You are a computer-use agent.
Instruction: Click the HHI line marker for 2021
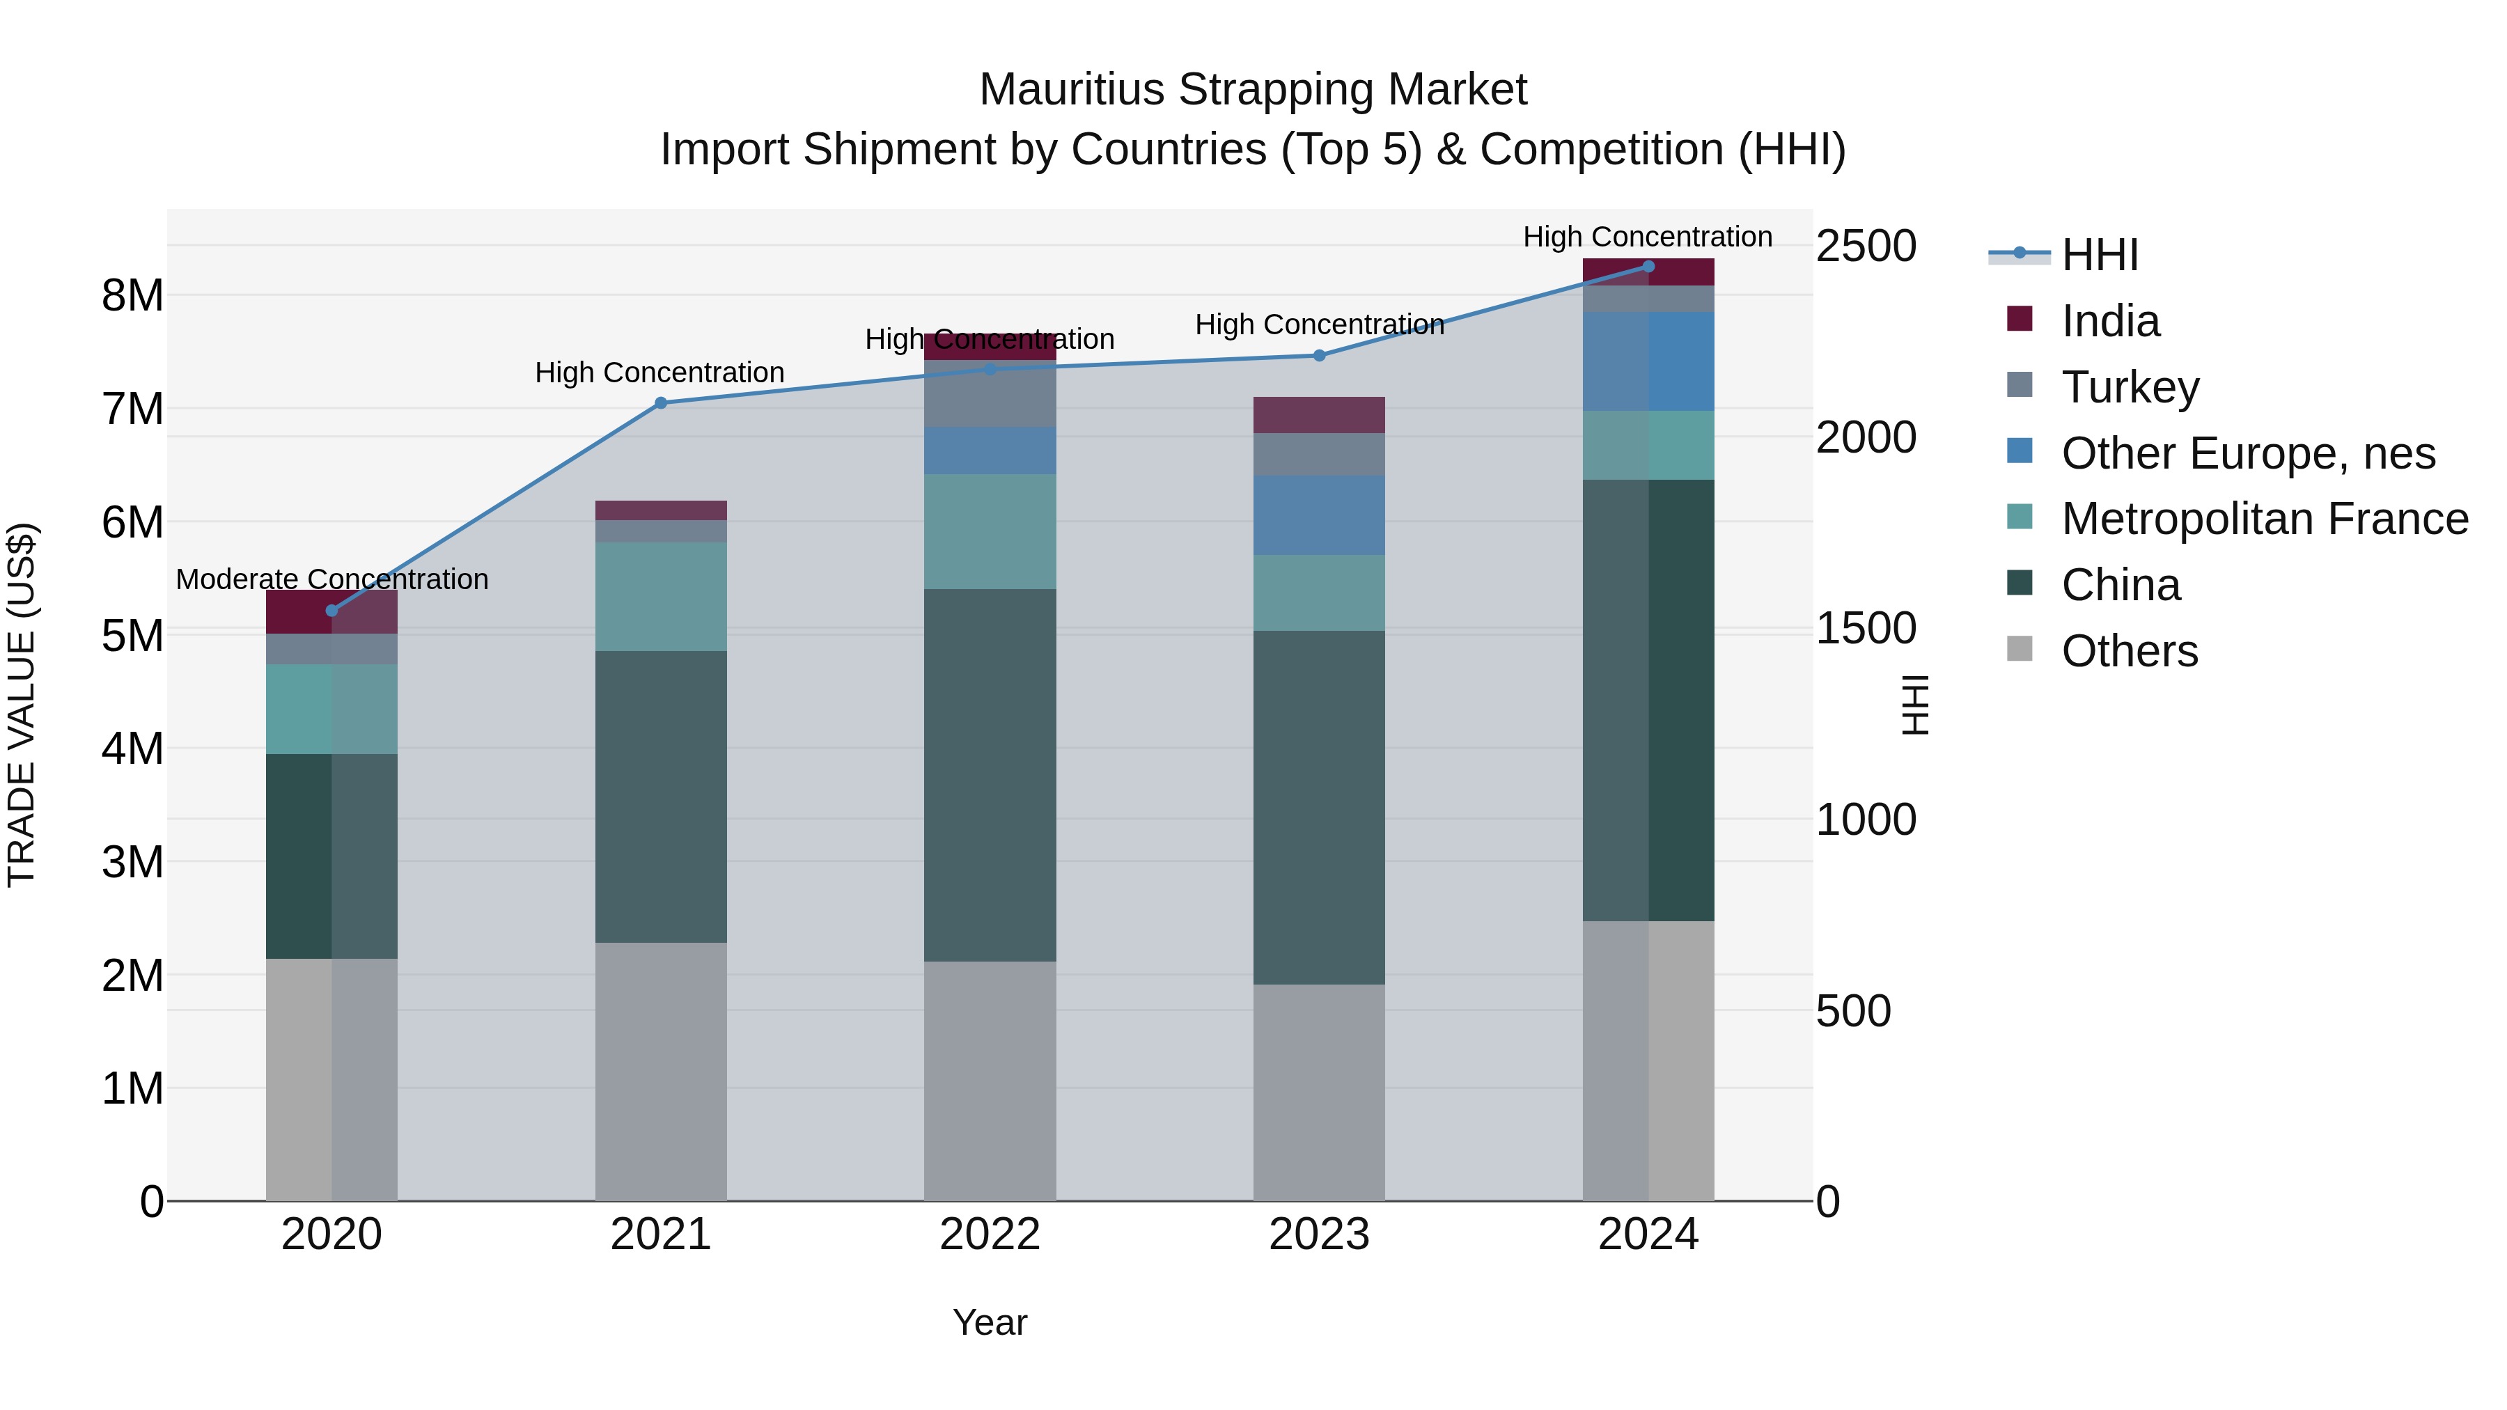[x=661, y=403]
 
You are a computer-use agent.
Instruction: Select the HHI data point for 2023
[x=1319, y=356]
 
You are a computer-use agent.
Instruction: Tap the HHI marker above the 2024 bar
[x=1648, y=267]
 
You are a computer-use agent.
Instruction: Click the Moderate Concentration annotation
[x=332, y=580]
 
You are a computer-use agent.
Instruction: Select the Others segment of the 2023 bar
[x=1319, y=1092]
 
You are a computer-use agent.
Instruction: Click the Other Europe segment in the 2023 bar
[x=1319, y=516]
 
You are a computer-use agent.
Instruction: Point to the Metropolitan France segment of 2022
[x=990, y=531]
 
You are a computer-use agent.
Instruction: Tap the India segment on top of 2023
[x=1319, y=414]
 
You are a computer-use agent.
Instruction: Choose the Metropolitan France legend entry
[x=2264, y=519]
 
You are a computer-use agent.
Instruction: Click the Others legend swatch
[x=2020, y=649]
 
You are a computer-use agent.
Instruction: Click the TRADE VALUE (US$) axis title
[x=22, y=705]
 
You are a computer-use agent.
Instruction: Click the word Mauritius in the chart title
[x=1072, y=91]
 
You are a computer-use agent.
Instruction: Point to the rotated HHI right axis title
[x=1914, y=705]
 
